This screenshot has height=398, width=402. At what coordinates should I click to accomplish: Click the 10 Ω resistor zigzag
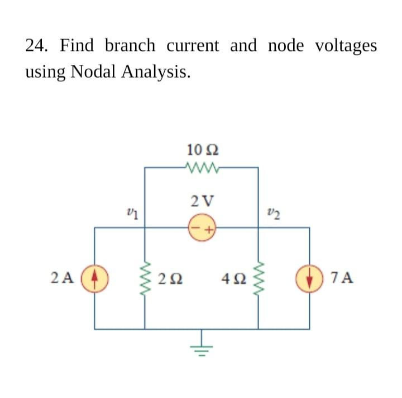202,167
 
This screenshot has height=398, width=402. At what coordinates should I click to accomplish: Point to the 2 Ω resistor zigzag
146,277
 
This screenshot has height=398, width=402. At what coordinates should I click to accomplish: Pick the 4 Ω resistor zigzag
257,277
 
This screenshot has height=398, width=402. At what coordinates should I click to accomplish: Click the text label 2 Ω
171,278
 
